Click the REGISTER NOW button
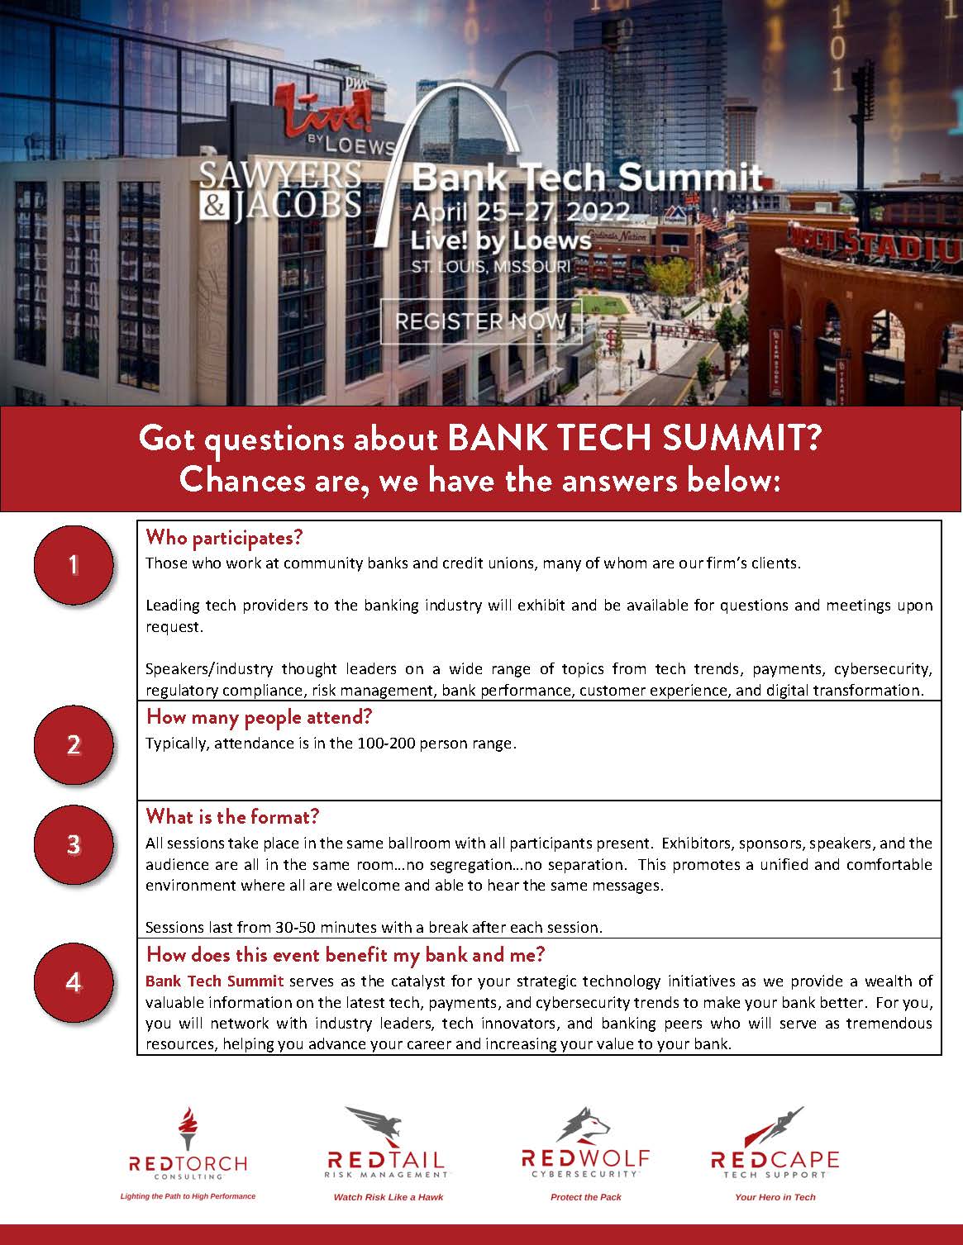(x=481, y=321)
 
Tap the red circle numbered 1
(x=74, y=565)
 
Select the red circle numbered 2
(x=74, y=746)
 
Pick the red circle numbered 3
(x=74, y=845)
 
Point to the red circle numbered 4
(x=74, y=983)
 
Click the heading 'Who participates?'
(x=225, y=538)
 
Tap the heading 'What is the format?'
(x=232, y=817)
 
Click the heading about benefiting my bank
(x=346, y=955)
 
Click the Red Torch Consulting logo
(x=188, y=1147)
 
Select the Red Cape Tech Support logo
(x=775, y=1147)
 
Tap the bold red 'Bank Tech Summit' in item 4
(x=214, y=981)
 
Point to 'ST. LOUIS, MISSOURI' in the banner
(x=491, y=267)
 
